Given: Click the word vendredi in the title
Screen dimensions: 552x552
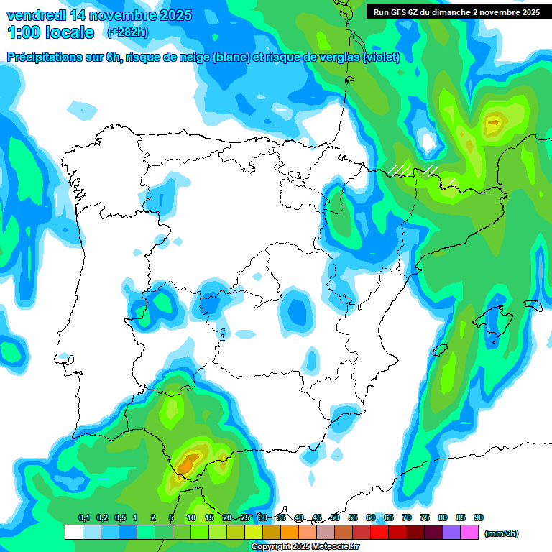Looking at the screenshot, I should coord(36,15).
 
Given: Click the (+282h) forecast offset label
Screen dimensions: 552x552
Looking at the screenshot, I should coord(126,32).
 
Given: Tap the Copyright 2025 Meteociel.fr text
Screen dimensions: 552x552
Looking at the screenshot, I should coord(305,547).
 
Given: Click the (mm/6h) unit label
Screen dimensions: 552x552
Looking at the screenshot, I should coord(501,533).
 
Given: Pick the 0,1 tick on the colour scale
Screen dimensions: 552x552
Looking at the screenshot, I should coord(83,517).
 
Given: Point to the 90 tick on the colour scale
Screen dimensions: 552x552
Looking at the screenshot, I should coord(478,517).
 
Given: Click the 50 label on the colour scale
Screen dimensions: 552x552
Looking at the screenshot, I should coord(335,517).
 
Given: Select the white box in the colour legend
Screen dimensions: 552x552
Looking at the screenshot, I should coord(73,533).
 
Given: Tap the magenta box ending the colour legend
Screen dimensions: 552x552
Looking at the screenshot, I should coord(469,533).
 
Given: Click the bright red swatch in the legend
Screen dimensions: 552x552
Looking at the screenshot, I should coord(379,533).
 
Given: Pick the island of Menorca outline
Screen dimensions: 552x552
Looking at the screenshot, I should coord(533,305).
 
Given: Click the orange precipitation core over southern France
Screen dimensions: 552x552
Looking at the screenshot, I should coord(493,123).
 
